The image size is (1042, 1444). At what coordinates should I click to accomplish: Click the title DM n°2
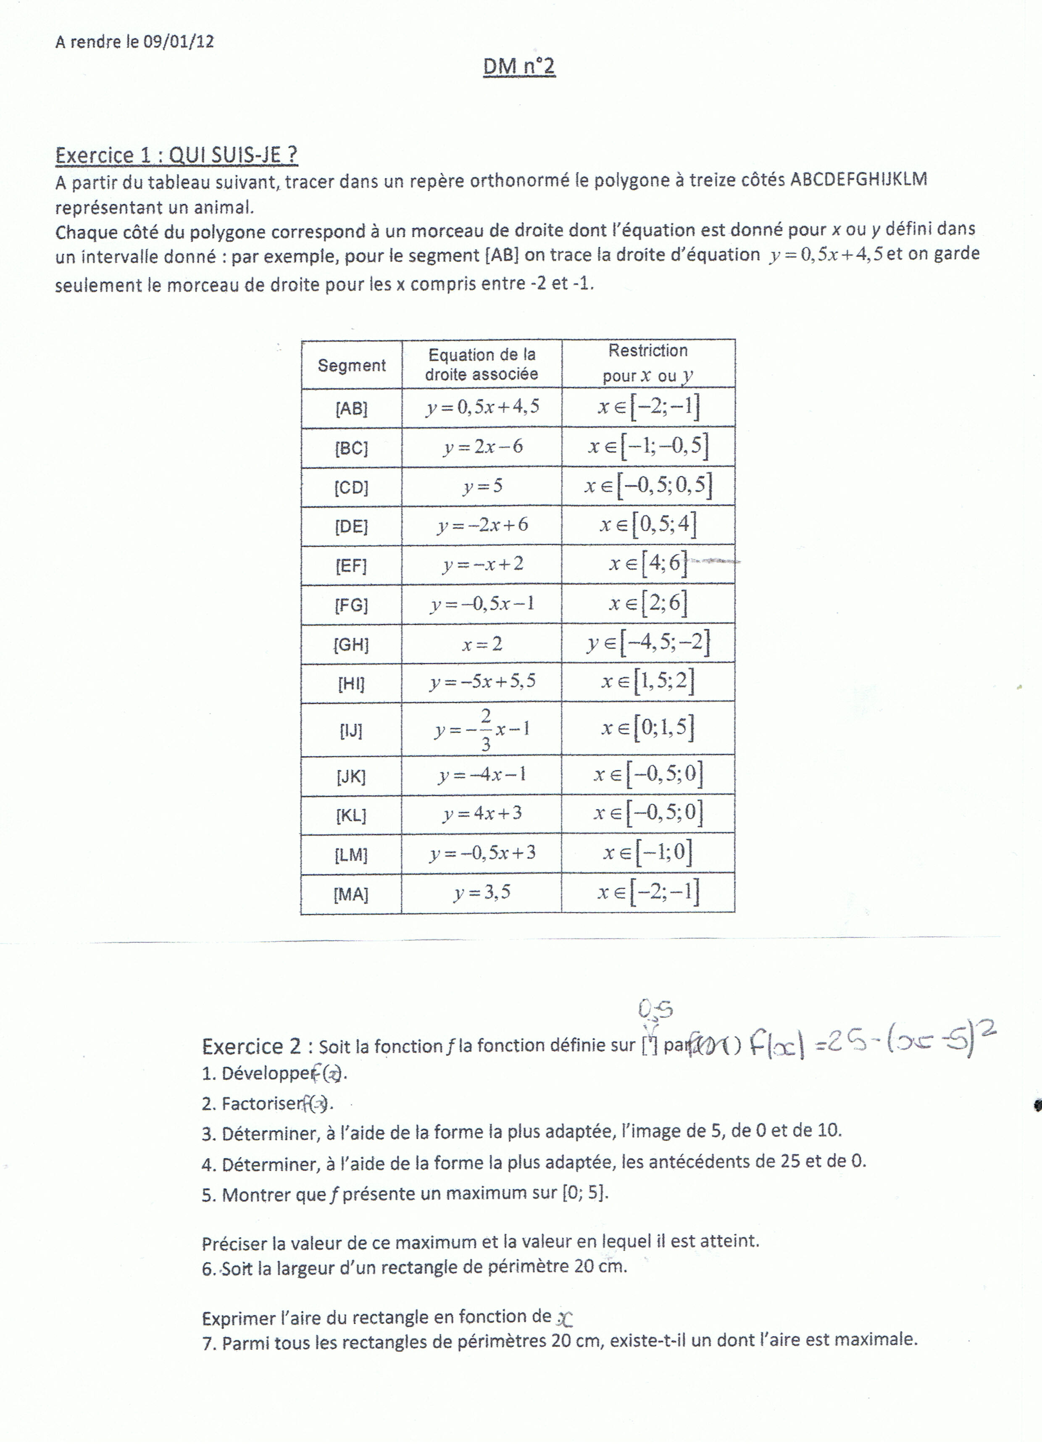point(519,67)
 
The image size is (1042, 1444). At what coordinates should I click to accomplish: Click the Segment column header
point(352,366)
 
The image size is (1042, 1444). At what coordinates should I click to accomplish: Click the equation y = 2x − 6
point(483,447)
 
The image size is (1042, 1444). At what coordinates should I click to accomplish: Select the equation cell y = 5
point(483,487)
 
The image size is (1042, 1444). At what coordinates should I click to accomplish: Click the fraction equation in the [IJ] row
point(483,729)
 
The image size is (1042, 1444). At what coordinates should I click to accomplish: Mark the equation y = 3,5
point(482,892)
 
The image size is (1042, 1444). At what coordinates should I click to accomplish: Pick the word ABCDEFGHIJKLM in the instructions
point(858,179)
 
